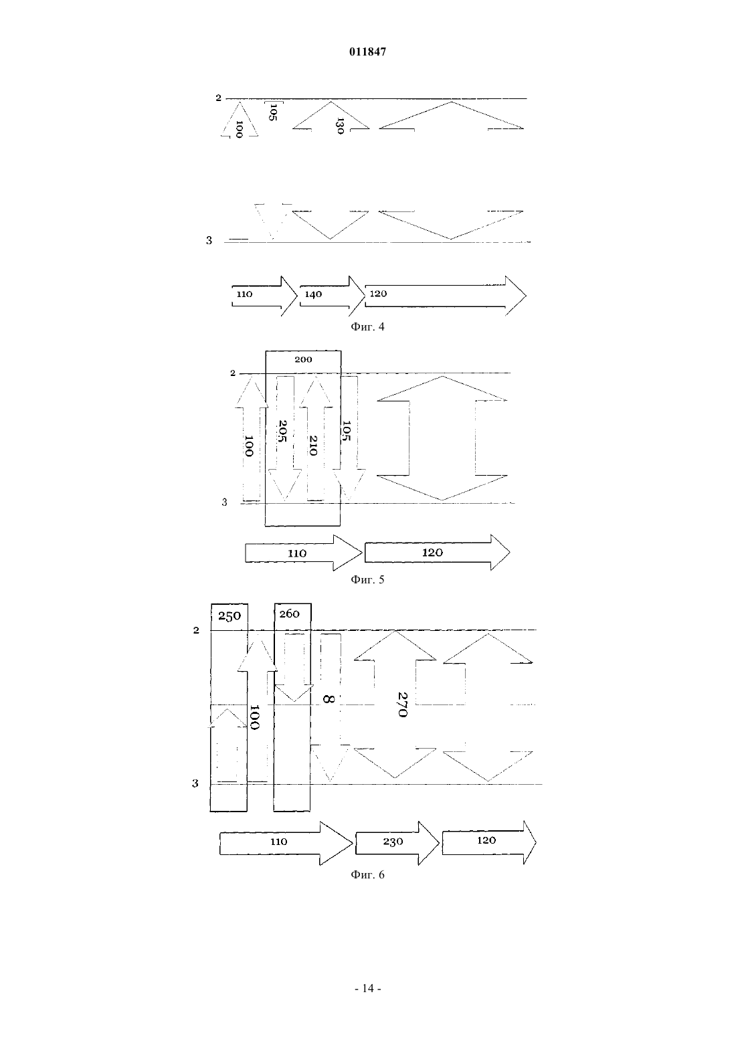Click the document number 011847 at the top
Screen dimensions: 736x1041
tap(367, 52)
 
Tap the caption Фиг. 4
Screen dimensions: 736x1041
tap(367, 326)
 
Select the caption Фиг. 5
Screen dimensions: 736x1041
tap(367, 579)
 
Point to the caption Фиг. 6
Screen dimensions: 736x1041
tap(367, 874)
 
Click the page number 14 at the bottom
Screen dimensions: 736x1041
tap(367, 988)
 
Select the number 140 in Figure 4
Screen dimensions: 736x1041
tap(313, 294)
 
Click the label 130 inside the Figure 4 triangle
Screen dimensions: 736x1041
tap(340, 126)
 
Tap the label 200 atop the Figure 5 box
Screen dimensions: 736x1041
tap(303, 359)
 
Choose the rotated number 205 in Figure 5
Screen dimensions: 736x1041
tap(282, 431)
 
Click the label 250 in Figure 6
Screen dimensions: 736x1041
tap(229, 616)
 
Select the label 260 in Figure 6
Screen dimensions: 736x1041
tap(290, 614)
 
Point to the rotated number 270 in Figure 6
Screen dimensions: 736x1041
tap(403, 704)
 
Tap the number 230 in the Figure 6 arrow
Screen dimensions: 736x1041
tap(393, 842)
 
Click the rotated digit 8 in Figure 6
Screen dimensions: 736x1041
tap(328, 698)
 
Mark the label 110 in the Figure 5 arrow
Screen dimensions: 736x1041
tap(297, 553)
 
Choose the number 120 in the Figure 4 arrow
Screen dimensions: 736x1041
tap(378, 294)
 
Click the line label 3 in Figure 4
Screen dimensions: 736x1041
tap(209, 240)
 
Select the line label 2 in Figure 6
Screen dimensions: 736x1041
tap(196, 630)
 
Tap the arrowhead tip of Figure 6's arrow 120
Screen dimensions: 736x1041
tap(536, 842)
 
